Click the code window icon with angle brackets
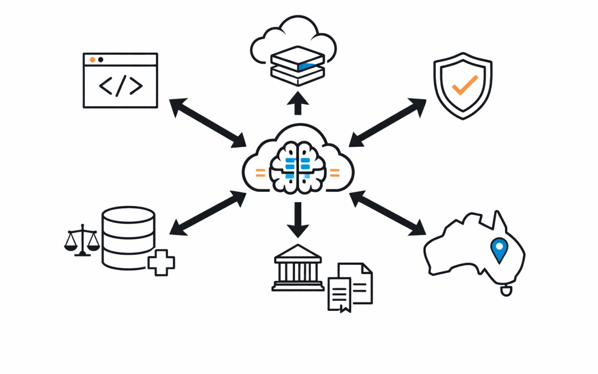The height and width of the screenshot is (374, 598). (x=120, y=80)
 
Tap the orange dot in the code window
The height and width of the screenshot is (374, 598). (x=92, y=59)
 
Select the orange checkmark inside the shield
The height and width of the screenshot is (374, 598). (x=464, y=84)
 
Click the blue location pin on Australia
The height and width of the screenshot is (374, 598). (x=499, y=249)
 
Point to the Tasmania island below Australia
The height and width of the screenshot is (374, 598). (x=506, y=290)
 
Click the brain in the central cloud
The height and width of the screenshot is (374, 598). (x=297, y=167)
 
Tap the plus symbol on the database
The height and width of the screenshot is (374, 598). (x=161, y=262)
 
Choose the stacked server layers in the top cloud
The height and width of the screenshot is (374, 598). (x=298, y=65)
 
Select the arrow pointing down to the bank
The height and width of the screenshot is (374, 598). (x=298, y=219)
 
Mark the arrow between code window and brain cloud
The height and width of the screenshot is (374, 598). (x=208, y=123)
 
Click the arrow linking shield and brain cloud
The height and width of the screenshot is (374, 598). (x=388, y=123)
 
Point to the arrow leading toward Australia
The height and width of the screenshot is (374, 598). (x=388, y=213)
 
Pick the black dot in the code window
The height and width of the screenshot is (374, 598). (x=100, y=59)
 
